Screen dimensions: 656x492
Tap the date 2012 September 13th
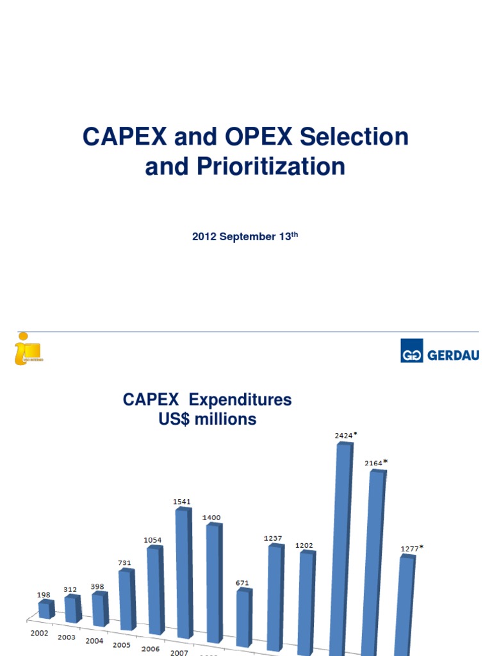point(245,237)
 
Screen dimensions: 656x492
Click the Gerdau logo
point(440,351)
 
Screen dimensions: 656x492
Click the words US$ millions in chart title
point(207,420)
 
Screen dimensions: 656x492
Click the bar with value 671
point(243,618)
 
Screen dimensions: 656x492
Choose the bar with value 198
point(45,609)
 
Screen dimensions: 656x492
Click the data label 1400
point(212,517)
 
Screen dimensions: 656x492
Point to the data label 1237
point(273,538)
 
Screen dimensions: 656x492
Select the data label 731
point(126,562)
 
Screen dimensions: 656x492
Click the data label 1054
point(152,540)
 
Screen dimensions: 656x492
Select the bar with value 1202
point(306,602)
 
